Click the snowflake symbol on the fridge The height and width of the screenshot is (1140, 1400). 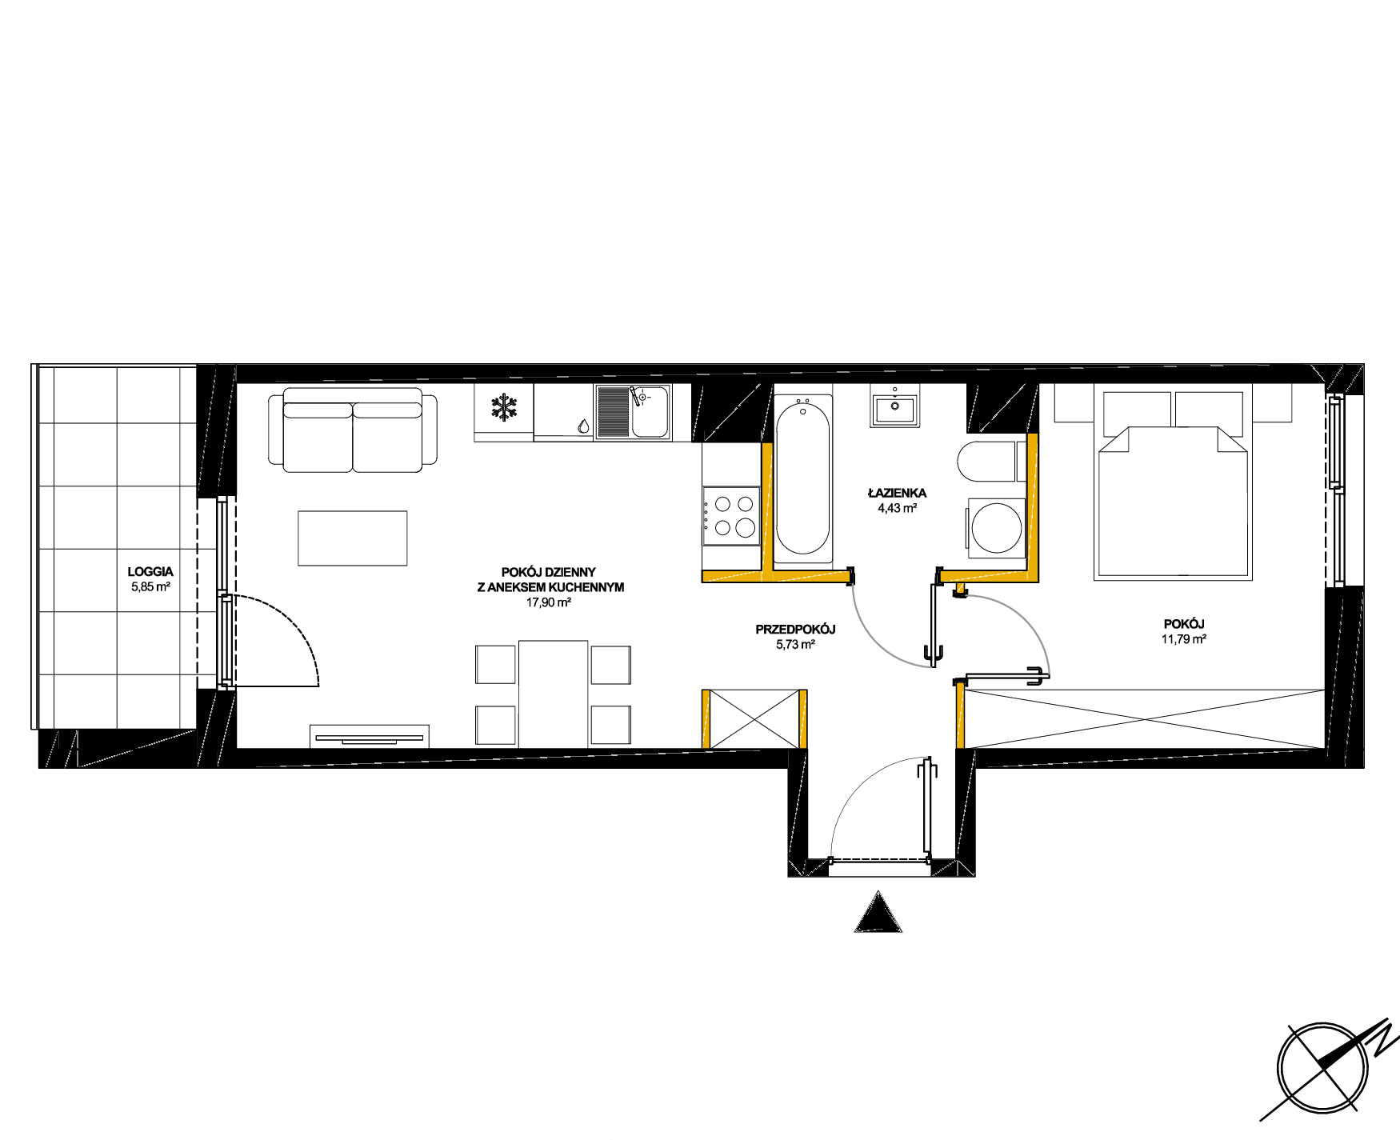click(504, 408)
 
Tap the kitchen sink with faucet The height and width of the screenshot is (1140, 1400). click(633, 411)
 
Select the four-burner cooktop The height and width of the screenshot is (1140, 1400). click(731, 516)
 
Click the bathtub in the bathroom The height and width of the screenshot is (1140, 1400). click(803, 478)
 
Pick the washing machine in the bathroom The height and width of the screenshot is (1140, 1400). click(997, 528)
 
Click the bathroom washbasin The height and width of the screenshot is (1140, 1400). click(895, 409)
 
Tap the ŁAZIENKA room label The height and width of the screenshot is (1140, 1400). click(897, 493)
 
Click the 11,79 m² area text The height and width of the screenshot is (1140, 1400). click(1184, 639)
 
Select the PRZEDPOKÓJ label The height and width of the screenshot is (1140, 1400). click(795, 630)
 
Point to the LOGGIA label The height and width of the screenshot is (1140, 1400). click(150, 572)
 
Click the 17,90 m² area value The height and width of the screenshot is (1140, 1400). click(548, 602)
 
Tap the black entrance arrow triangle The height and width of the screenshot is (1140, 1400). click(878, 912)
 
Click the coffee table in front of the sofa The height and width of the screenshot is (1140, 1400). click(353, 538)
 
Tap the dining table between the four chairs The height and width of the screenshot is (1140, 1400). click(553, 694)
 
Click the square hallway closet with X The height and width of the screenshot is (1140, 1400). click(754, 718)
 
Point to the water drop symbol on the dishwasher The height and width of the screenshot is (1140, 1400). click(582, 426)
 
